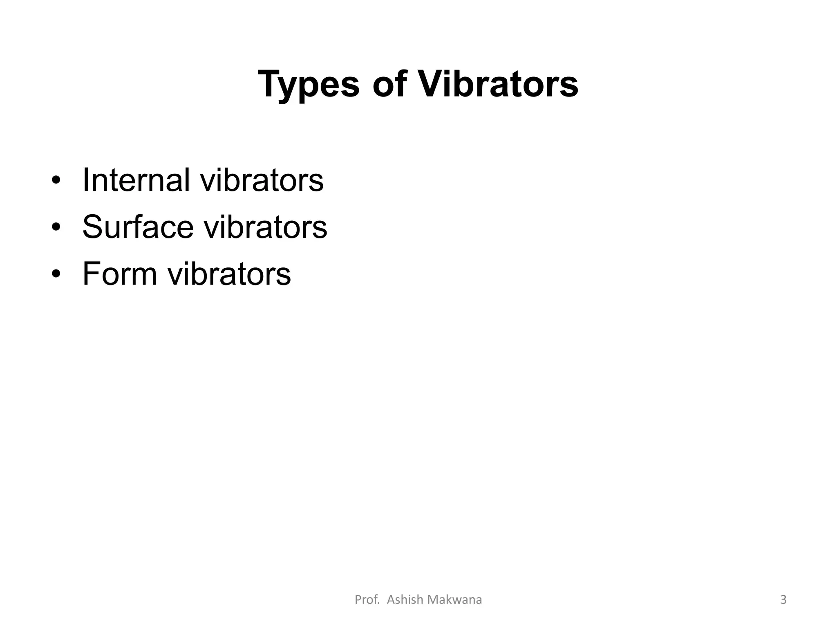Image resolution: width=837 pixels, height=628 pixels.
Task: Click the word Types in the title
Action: (x=309, y=85)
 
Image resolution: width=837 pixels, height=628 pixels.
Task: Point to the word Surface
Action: (x=138, y=227)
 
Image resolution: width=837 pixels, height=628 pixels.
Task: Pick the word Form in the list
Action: (x=120, y=274)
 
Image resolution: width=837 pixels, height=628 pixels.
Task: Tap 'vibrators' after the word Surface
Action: (x=265, y=227)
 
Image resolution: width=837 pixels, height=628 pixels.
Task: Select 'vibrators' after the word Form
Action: (x=229, y=274)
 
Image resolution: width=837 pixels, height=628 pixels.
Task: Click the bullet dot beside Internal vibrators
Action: (x=56, y=180)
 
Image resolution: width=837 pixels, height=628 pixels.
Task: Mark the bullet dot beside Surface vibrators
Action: (x=56, y=227)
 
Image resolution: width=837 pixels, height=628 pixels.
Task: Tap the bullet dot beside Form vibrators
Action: (x=56, y=274)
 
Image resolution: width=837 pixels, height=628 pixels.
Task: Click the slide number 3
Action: (x=783, y=599)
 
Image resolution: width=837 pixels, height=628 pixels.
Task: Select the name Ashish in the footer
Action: (x=405, y=599)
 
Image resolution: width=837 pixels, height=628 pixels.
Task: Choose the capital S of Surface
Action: (x=92, y=227)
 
